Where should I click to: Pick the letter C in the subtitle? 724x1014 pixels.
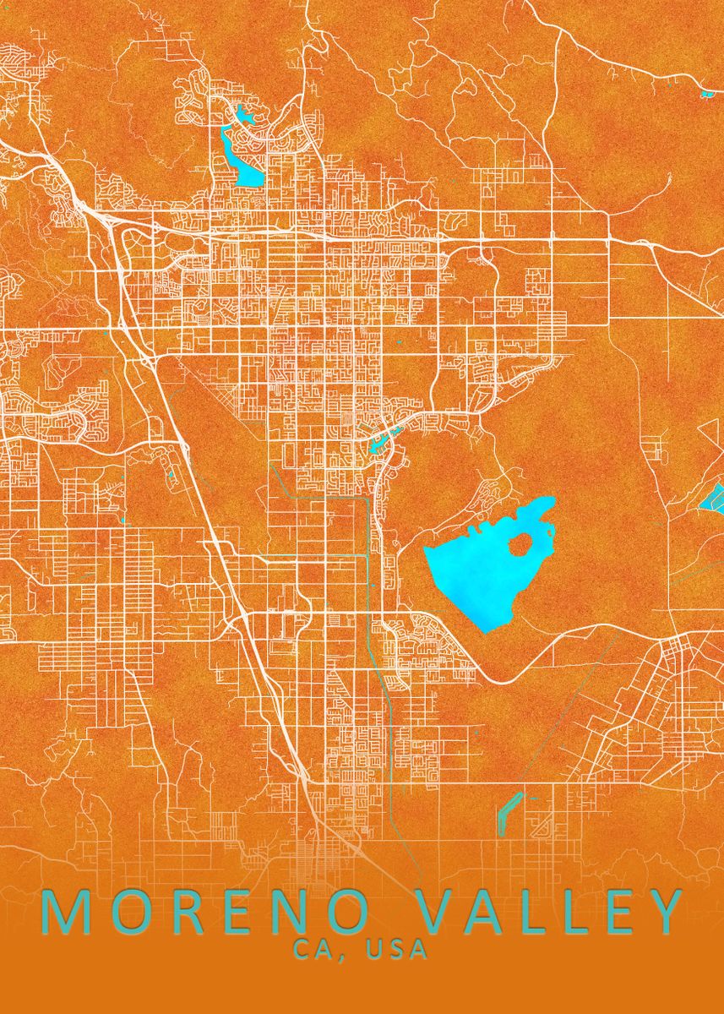302,950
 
